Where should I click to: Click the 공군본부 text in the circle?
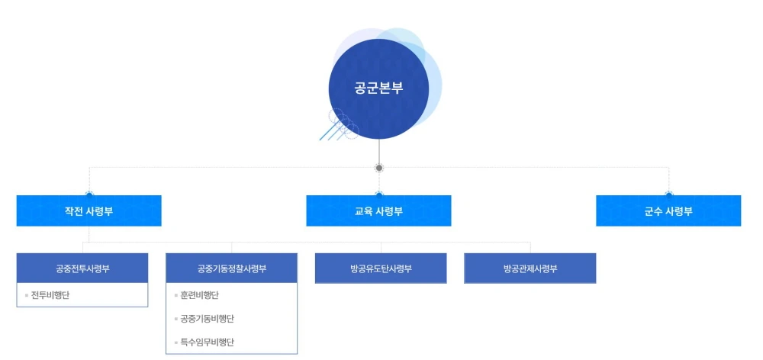pos(378,88)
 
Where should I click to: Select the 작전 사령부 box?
pos(89,211)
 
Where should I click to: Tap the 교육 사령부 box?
pos(378,211)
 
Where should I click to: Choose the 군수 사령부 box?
pos(668,211)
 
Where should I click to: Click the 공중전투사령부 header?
pos(82,268)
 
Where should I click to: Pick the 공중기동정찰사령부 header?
pos(231,268)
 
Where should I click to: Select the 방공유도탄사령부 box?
pos(381,268)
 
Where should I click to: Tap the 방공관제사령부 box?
pos(530,268)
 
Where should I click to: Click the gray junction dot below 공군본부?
pos(379,168)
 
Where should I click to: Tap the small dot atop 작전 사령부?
pos(89,194)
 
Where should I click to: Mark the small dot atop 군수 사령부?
pos(669,194)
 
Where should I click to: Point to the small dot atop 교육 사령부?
pos(379,194)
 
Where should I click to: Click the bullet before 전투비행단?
pos(27,294)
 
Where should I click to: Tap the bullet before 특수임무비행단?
pos(175,342)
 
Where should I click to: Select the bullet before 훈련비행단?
pos(175,294)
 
